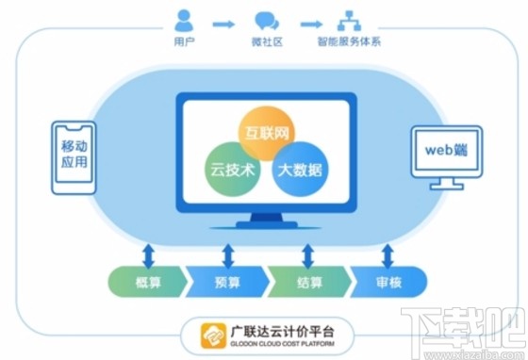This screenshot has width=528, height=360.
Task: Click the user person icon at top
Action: pyautogui.click(x=184, y=19)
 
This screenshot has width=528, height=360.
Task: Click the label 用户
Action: pyautogui.click(x=185, y=42)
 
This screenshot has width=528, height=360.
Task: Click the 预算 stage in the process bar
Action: pyautogui.click(x=226, y=279)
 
